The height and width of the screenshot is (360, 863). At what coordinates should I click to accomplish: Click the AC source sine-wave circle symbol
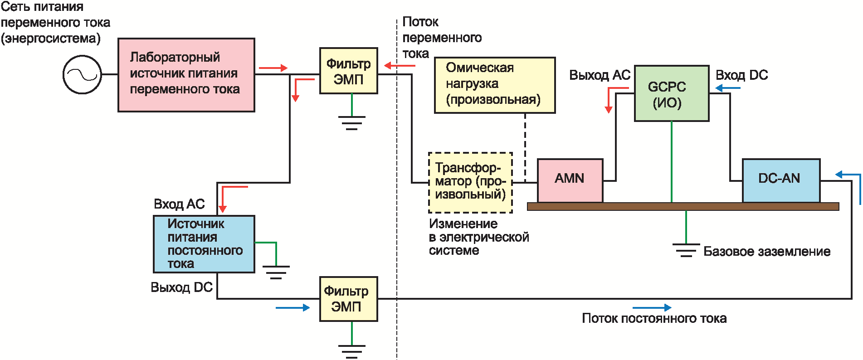point(82,75)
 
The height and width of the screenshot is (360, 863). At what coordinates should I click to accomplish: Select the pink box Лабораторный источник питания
point(186,75)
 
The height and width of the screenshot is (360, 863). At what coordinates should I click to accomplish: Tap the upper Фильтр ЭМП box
point(348,71)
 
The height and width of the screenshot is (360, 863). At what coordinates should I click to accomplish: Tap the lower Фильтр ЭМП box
point(348,299)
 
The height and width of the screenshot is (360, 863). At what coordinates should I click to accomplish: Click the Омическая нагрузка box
point(494,85)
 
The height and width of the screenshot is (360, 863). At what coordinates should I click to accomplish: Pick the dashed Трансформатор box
point(470,182)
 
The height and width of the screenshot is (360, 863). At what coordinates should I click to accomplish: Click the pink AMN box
point(570,180)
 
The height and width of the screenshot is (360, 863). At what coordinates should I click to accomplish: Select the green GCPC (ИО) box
point(671,93)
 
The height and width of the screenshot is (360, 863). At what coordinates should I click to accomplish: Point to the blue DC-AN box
point(780,180)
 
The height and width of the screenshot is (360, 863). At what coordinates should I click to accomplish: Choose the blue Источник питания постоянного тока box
point(204,244)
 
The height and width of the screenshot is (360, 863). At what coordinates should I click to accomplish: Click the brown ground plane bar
point(683,207)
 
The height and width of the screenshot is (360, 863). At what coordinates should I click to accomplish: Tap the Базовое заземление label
point(766,252)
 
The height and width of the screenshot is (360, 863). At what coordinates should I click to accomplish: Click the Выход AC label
point(600,75)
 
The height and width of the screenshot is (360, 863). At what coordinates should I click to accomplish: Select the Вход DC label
point(741,75)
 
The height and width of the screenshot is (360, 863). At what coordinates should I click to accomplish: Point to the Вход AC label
point(179,204)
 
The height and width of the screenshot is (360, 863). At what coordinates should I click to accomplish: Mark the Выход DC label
point(181,287)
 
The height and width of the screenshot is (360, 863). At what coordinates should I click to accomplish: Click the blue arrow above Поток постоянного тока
point(652,307)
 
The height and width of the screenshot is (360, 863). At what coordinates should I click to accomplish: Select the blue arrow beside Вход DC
point(728,88)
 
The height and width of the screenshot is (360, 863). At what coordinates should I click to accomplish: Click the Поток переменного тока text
point(441,38)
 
